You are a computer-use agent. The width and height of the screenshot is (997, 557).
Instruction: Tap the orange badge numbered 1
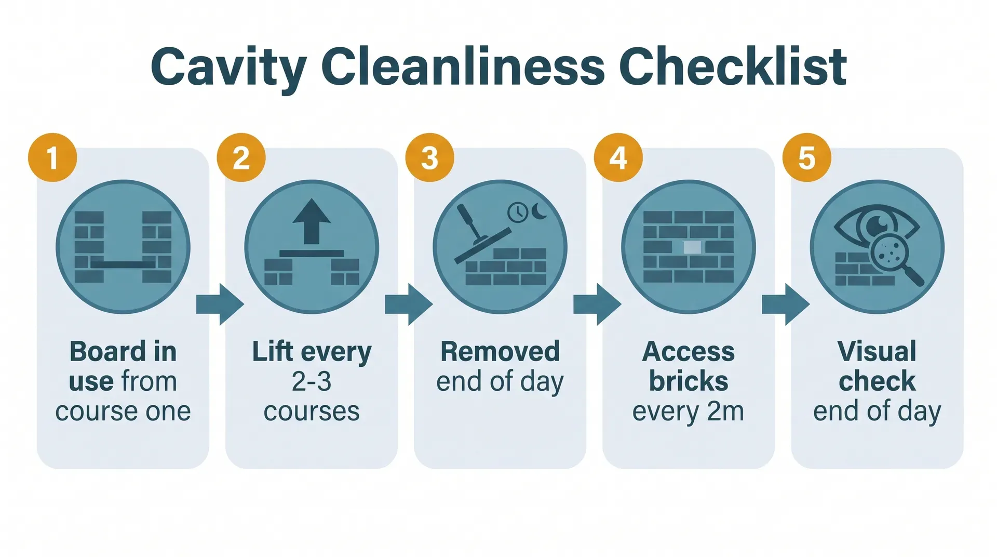(52, 157)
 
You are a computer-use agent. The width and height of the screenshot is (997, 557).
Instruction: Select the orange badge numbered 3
(429, 157)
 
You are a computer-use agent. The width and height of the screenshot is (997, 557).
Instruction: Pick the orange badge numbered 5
(806, 157)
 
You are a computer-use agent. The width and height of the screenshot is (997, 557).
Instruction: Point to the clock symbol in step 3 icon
(518, 213)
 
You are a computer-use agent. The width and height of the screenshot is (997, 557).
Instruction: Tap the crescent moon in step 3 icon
(540, 211)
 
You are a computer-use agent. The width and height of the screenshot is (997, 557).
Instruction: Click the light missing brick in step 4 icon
(692, 247)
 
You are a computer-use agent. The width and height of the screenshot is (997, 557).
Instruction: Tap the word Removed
(500, 352)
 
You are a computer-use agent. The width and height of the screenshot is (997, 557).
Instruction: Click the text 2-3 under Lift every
(312, 382)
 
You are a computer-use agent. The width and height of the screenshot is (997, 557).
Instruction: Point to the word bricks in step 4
(689, 382)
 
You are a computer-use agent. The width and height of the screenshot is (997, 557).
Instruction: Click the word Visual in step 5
(877, 352)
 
